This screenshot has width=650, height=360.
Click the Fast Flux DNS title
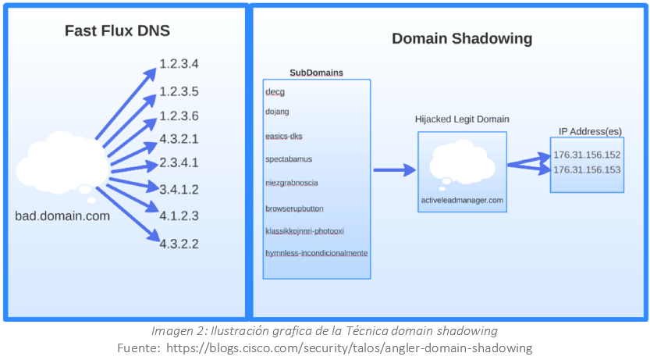(x=117, y=31)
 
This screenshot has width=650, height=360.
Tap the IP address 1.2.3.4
(x=179, y=63)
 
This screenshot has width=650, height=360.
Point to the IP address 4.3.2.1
(x=179, y=139)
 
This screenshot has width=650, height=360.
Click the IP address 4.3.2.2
(x=179, y=244)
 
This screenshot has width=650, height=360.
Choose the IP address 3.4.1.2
(x=179, y=189)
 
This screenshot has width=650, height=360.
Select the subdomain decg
(x=275, y=92)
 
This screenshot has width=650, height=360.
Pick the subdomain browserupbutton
(x=294, y=209)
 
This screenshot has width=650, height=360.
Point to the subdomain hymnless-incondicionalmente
(x=316, y=253)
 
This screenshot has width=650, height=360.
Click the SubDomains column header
(x=316, y=73)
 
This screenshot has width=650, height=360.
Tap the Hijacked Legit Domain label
(x=462, y=119)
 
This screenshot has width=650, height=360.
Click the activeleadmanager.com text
(x=462, y=200)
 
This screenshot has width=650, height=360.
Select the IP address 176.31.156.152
(x=587, y=155)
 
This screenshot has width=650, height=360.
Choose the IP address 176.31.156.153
(x=587, y=169)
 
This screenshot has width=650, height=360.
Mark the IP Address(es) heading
(x=590, y=131)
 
